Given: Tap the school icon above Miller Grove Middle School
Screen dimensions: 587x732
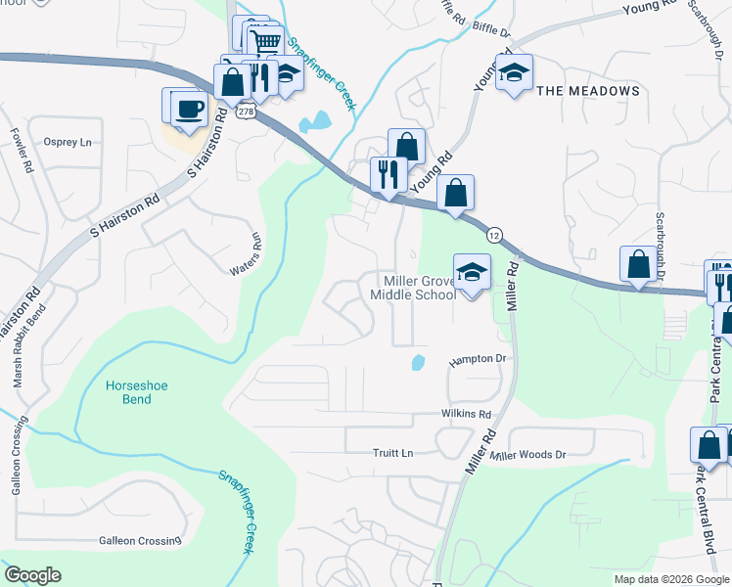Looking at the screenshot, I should pyautogui.click(x=472, y=274).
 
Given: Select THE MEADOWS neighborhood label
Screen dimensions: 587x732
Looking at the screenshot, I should pyautogui.click(x=587, y=91).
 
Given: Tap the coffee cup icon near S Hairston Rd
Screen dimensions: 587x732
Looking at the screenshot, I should pyautogui.click(x=189, y=110).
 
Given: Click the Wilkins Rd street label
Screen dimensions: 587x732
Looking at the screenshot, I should pyautogui.click(x=465, y=415).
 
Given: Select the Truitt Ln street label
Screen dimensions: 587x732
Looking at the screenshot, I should pyautogui.click(x=393, y=453).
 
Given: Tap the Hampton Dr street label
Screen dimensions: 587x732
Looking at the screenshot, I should pyautogui.click(x=477, y=360).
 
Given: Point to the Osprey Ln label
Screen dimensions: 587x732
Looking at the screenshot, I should pyautogui.click(x=68, y=142).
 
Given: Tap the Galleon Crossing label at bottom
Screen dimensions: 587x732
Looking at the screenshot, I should pyautogui.click(x=140, y=540).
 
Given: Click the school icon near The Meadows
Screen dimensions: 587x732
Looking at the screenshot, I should pyautogui.click(x=514, y=72).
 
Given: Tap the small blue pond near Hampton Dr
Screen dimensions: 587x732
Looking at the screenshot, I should pyautogui.click(x=418, y=363).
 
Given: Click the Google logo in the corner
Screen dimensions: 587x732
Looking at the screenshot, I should pyautogui.click(x=32, y=575).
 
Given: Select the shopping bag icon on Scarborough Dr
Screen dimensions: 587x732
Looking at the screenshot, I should pyautogui.click(x=639, y=264).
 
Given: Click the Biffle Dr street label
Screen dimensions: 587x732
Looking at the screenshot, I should pyautogui.click(x=491, y=31).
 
